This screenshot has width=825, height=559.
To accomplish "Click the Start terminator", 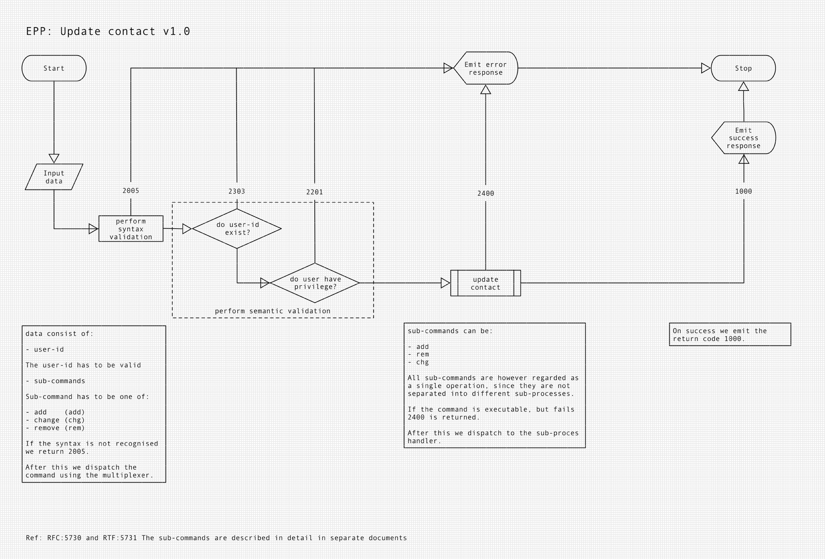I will (54, 68).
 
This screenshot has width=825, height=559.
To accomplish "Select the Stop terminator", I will (743, 68).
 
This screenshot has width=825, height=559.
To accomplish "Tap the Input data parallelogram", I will (54, 177).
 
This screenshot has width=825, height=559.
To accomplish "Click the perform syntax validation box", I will (131, 229).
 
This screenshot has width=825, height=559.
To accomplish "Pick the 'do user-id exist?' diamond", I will (237, 229).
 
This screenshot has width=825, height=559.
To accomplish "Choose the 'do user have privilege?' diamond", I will (315, 283).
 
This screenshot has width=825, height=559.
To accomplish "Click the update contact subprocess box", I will (485, 283).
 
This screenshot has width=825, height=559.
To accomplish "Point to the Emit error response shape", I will (485, 68).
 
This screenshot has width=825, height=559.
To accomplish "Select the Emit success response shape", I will (743, 138).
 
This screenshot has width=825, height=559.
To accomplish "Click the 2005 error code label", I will (131, 191).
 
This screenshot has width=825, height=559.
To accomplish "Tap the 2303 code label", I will (237, 191).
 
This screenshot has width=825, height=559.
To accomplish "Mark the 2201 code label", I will (314, 192).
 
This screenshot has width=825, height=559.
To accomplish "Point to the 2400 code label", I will (486, 193).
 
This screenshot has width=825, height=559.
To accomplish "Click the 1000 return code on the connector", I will (743, 191).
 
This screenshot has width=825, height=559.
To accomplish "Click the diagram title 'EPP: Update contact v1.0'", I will (108, 31).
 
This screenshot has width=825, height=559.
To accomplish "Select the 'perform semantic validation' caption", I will (273, 311).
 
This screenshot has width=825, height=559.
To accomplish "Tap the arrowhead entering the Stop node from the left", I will (706, 68).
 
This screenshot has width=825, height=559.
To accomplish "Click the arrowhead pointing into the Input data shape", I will (54, 158).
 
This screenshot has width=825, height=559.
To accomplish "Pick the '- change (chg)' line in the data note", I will (55, 420).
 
